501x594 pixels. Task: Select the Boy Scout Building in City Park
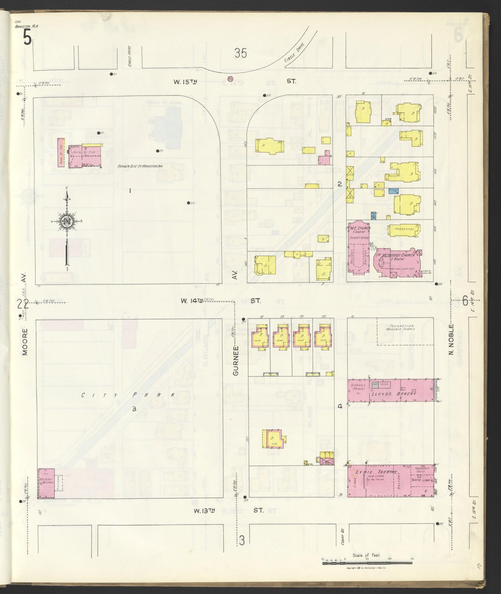point(46,483)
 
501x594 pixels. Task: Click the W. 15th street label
point(185,82)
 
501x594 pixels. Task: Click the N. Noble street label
point(451,340)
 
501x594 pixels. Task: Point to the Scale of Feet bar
point(368,564)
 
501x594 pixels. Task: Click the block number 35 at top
point(240,53)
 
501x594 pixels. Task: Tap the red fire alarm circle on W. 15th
point(230,79)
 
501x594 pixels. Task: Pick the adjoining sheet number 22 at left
point(23,304)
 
